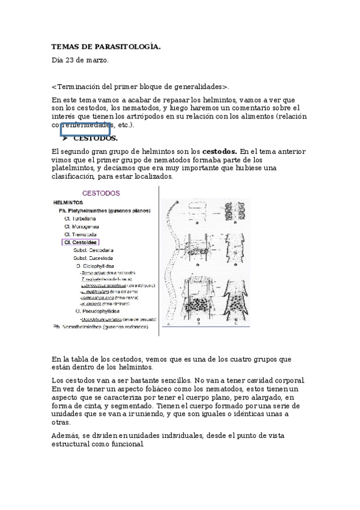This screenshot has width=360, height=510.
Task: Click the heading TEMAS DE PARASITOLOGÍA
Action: tap(106, 46)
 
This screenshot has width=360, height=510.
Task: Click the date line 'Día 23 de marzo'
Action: tap(80, 60)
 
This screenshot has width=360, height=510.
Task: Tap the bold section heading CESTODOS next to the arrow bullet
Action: tap(99, 138)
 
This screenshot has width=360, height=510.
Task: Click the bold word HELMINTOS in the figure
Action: tap(68, 203)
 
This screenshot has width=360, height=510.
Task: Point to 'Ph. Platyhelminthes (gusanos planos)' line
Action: tap(104, 211)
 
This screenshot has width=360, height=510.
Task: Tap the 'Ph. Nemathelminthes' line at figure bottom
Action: tap(100, 327)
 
